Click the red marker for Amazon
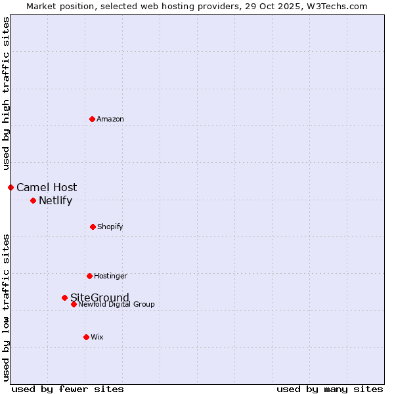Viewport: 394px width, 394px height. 93,119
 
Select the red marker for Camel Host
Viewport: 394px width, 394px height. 11,187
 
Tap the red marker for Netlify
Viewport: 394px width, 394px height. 33,200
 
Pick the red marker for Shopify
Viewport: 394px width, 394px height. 93,227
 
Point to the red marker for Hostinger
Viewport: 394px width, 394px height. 89,276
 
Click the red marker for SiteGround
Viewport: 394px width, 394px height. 64,297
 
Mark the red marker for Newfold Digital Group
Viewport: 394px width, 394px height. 74,304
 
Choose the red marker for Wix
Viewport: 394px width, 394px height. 86,337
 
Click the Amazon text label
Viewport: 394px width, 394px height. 110,119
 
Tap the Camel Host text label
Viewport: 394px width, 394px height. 47,187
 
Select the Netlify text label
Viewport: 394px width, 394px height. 55,200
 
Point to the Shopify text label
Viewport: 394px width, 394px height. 110,227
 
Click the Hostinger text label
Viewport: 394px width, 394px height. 110,276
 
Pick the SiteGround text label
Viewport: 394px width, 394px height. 100,297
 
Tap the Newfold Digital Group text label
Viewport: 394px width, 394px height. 117,304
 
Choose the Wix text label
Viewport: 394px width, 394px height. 97,337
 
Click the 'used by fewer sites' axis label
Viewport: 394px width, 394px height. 68,389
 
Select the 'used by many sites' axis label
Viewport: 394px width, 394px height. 330,389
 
